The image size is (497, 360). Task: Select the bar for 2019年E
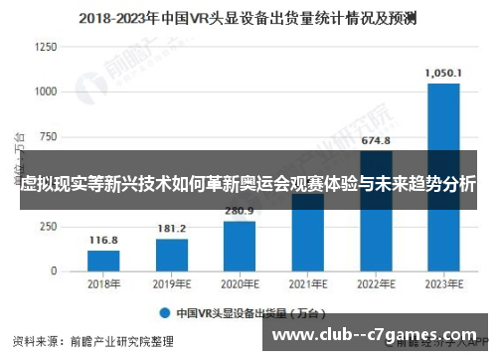coord(171,254)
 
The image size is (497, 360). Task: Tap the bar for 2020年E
coord(239,245)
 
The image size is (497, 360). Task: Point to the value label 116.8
coord(102,241)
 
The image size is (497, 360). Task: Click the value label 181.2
coord(171,229)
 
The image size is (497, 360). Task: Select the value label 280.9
coord(239,211)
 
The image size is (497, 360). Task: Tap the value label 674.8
coord(375,139)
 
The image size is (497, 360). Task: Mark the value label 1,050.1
coord(442,73)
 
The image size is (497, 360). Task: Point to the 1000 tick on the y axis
coord(47,90)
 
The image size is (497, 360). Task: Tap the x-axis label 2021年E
coord(306,283)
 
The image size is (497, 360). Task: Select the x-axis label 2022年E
coord(375,283)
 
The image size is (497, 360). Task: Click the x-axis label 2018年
coord(102,283)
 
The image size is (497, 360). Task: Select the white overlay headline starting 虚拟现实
coord(248,185)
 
